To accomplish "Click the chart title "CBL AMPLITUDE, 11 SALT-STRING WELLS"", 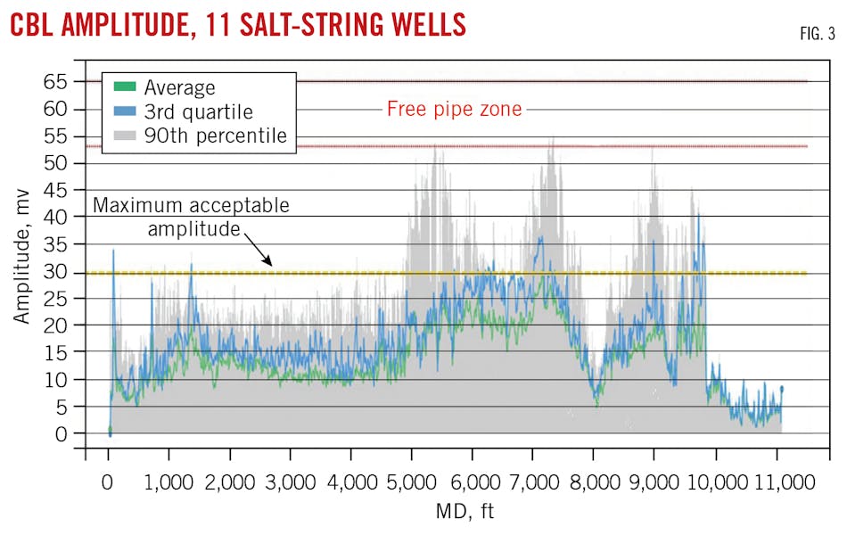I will pyautogui.click(x=238, y=24).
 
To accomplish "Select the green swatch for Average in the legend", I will pyautogui.click(x=126, y=87).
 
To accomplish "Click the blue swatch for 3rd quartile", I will pyautogui.click(x=126, y=111).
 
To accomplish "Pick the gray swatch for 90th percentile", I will pyautogui.click(x=126, y=136).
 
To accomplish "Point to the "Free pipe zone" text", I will pyautogui.click(x=454, y=110).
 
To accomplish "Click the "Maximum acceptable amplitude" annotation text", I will pyautogui.click(x=191, y=217).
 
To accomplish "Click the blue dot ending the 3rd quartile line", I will pyautogui.click(x=782, y=388).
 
